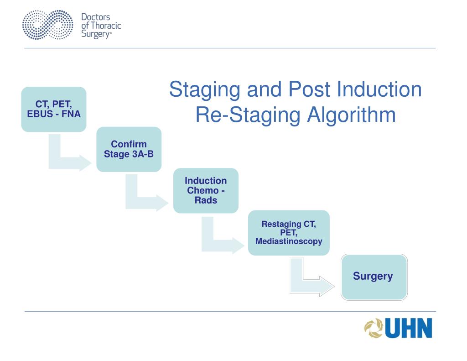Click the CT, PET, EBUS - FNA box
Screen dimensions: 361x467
point(54,110)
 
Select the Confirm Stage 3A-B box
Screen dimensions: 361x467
point(129,149)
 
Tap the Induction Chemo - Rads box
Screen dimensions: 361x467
point(206,190)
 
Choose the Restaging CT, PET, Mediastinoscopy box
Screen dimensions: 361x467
point(289,233)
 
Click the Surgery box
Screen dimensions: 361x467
point(374,277)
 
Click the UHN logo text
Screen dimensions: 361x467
point(409,329)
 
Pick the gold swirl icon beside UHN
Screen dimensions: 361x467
point(374,329)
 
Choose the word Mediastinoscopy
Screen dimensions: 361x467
point(289,241)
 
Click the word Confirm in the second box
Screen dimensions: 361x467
point(129,144)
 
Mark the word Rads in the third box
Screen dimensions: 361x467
point(206,200)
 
